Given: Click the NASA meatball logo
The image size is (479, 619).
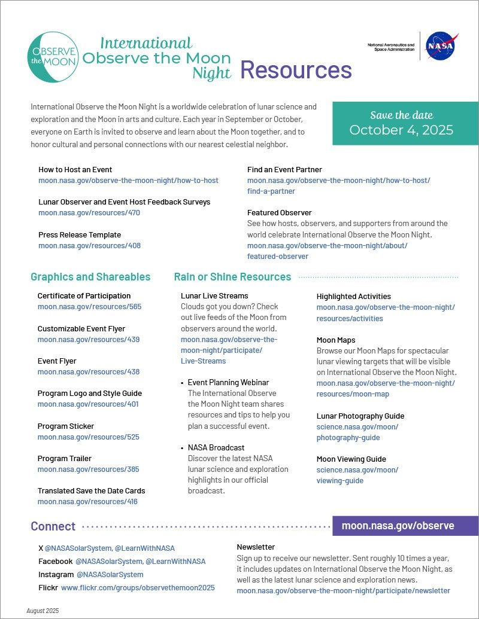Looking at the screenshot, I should [x=442, y=47].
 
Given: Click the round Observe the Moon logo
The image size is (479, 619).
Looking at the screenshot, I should [x=53, y=57].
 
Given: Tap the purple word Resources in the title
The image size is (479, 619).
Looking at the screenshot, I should [x=296, y=70].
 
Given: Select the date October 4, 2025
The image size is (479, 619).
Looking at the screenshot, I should [x=401, y=130].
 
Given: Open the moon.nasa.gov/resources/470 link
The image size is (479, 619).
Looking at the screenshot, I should [x=89, y=213].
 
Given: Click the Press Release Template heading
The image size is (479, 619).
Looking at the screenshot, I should [x=80, y=235].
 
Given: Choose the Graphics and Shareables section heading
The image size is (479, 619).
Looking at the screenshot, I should [x=90, y=277].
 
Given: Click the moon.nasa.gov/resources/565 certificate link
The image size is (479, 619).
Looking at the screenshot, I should [x=89, y=307].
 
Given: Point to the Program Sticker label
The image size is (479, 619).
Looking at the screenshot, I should [x=66, y=426].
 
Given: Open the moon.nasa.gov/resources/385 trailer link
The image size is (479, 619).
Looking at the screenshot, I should [x=89, y=469].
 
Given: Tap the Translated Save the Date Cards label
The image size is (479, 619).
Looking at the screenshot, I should [x=91, y=491].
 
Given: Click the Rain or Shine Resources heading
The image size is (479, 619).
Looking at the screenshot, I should [x=232, y=277].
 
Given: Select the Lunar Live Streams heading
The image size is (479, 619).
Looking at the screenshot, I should [x=214, y=296].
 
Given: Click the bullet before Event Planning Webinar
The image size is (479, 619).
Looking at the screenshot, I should [x=182, y=383].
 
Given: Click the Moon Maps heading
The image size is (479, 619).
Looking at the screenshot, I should [x=336, y=340].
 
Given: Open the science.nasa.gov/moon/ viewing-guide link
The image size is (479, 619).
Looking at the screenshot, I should [x=357, y=475].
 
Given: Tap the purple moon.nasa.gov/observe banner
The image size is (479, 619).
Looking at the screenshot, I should [x=398, y=526].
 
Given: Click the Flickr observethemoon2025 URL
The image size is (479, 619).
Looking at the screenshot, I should [x=138, y=588].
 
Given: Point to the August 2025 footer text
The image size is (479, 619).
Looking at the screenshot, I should [x=43, y=611].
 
